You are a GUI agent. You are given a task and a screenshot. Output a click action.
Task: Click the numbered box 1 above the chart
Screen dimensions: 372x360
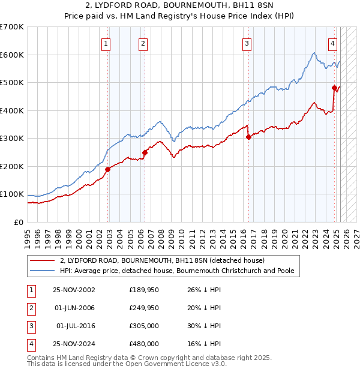click(x=106, y=43)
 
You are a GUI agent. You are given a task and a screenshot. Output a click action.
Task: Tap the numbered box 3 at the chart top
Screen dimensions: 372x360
click(x=247, y=43)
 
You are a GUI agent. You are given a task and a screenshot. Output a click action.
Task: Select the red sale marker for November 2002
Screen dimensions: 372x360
click(x=108, y=170)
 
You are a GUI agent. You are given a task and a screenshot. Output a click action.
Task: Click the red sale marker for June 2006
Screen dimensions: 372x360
click(x=145, y=152)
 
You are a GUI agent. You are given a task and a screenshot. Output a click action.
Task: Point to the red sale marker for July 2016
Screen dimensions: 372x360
click(x=248, y=137)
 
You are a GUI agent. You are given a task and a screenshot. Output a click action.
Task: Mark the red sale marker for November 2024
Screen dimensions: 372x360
click(x=335, y=88)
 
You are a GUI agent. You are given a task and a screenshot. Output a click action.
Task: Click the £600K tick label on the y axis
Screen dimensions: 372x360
click(x=12, y=55)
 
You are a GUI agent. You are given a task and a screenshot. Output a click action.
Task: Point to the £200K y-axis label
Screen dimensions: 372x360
click(x=12, y=166)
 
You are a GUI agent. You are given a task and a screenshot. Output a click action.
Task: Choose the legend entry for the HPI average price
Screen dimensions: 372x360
click(x=176, y=271)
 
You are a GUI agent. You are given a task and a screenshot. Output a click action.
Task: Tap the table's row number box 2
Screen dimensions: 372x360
click(x=31, y=308)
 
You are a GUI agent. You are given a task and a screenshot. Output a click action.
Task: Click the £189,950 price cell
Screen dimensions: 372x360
click(x=144, y=290)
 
